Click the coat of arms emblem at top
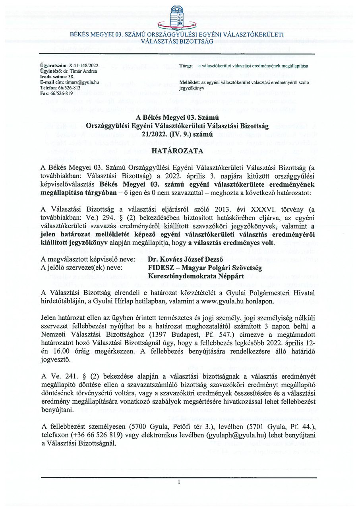177,16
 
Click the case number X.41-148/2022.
84,65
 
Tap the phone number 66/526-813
70,87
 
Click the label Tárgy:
186,65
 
